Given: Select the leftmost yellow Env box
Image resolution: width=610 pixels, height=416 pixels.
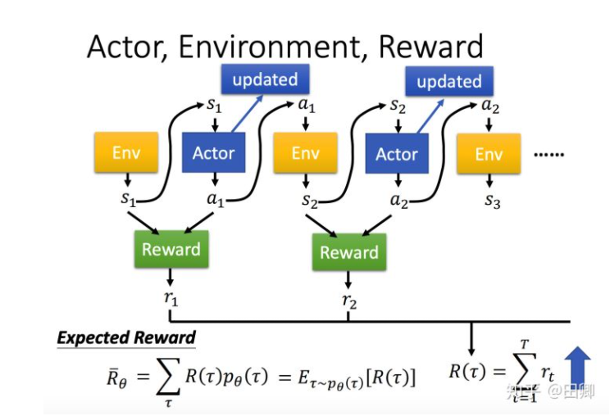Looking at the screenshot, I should click(x=126, y=152).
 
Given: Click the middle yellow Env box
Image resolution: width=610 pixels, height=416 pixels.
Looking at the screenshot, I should click(x=305, y=152).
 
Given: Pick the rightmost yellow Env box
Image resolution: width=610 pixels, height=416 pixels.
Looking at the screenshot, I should click(x=489, y=154).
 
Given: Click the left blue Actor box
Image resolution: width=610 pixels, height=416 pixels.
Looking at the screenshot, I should click(x=213, y=152).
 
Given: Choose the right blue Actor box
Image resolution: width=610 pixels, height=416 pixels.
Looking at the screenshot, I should click(x=397, y=154).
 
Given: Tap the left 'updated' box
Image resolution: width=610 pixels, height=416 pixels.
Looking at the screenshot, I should click(x=265, y=79).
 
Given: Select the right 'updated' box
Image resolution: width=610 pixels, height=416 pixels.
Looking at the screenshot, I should click(x=448, y=82).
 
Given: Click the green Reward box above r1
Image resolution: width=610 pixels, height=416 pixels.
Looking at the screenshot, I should click(x=171, y=249).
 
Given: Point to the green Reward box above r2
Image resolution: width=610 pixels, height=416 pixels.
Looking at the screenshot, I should click(x=349, y=252).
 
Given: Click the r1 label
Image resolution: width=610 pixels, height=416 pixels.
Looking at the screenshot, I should click(x=171, y=297).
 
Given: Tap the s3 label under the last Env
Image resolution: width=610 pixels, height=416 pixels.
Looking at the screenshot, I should click(x=492, y=201).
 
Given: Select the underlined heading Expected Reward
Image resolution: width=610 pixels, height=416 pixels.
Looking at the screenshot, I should click(x=126, y=337).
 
